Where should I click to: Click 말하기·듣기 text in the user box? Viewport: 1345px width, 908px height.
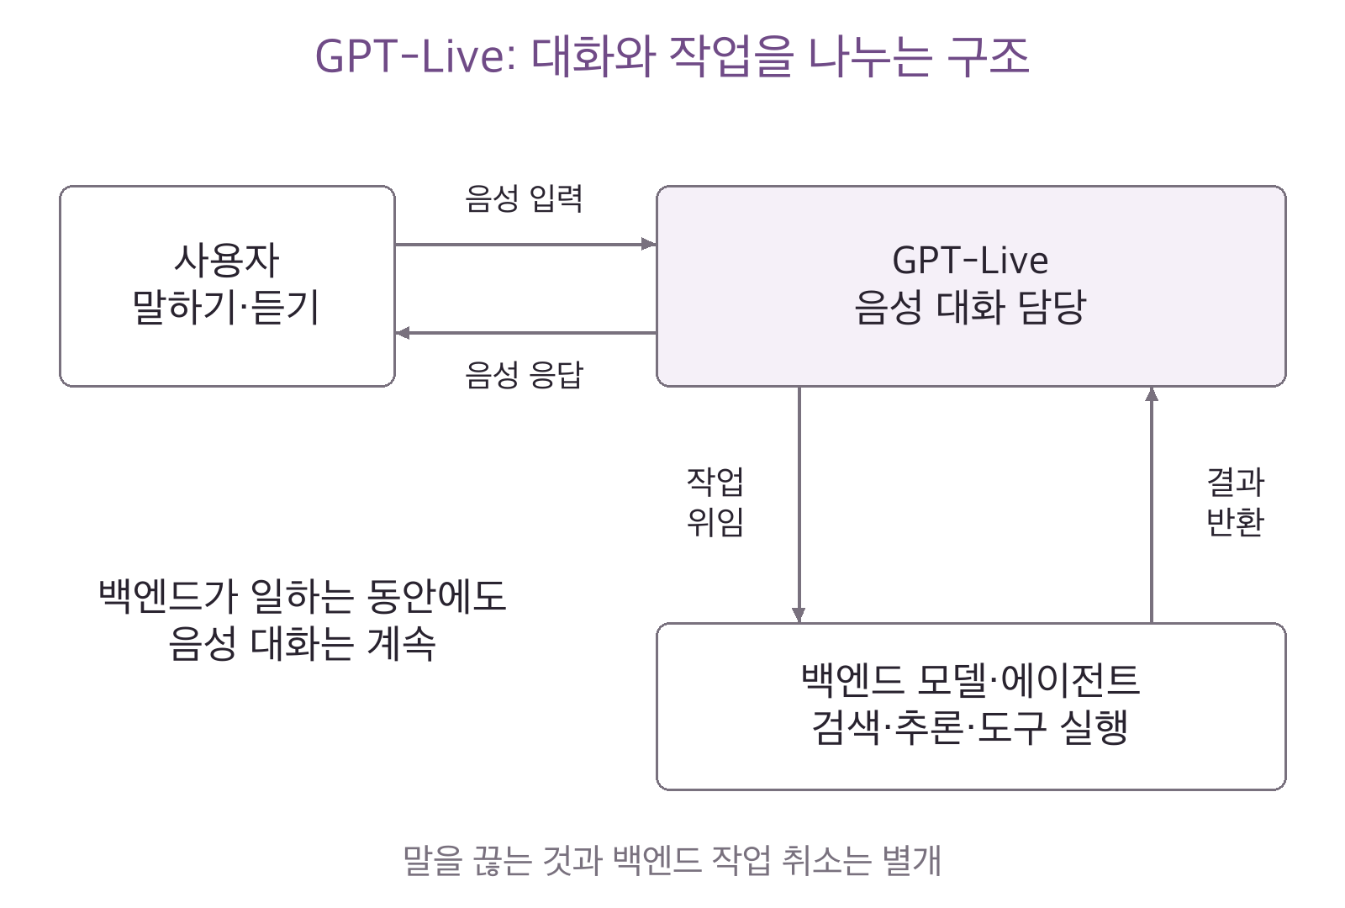click(x=226, y=307)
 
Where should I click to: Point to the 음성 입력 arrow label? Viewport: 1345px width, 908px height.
click(x=524, y=198)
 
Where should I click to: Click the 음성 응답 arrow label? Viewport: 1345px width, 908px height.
click(x=524, y=374)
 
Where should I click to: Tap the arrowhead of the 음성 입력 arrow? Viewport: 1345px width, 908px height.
click(x=649, y=244)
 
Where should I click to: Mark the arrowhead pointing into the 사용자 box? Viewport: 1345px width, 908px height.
click(x=403, y=333)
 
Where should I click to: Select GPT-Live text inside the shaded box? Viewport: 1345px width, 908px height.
click(x=970, y=261)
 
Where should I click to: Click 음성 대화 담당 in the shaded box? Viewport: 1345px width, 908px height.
click(x=970, y=307)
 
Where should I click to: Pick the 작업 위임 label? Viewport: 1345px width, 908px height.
click(x=715, y=501)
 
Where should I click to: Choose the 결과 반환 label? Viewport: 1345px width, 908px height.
click(x=1235, y=501)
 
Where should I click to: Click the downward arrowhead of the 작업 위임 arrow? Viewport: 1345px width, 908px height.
click(x=799, y=615)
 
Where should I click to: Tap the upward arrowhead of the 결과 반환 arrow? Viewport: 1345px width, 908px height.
click(x=1152, y=394)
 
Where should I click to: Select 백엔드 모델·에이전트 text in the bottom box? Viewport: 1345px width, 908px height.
click(x=970, y=680)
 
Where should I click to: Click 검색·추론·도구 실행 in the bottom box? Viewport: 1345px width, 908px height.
click(x=970, y=726)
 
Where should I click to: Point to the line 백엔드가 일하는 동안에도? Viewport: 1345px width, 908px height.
click(x=302, y=596)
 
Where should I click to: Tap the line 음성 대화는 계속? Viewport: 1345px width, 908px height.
click(x=302, y=642)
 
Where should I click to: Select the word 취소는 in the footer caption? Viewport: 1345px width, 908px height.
click(x=826, y=860)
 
